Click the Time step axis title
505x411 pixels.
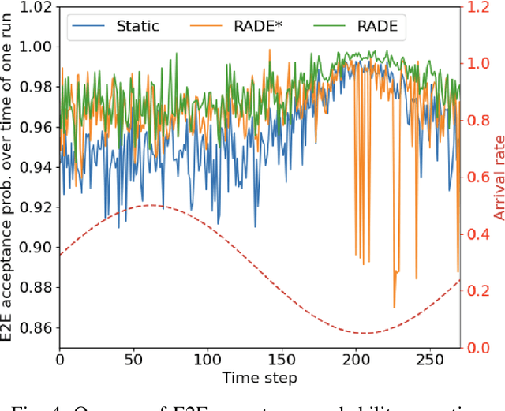tap(260, 378)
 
